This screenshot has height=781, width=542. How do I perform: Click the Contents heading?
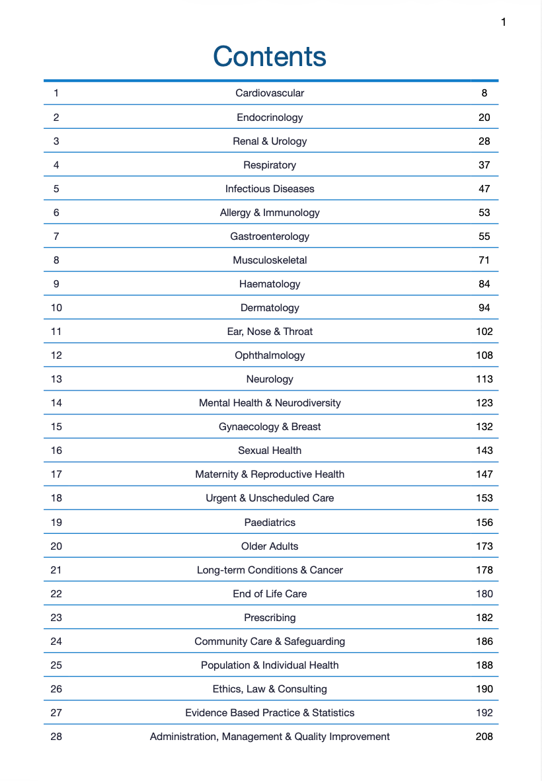270,57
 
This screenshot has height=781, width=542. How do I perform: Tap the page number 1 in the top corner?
503,22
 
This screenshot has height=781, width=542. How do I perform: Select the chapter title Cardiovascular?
270,93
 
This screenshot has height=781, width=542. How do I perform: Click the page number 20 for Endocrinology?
484,118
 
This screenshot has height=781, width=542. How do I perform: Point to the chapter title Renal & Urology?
270,141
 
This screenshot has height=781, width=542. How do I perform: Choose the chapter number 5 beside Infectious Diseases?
56,189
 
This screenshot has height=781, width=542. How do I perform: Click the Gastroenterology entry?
270,237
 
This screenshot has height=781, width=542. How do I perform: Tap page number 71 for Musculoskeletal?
484,260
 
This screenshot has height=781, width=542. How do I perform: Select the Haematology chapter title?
270,284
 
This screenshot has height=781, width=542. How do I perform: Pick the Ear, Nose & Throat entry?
270,332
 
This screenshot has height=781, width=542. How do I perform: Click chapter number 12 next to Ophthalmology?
56,355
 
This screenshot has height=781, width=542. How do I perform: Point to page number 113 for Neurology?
484,379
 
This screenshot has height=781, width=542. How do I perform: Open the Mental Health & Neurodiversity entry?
270,403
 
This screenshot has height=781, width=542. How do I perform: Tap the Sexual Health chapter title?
270,451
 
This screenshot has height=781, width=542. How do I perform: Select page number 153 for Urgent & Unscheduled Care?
484,498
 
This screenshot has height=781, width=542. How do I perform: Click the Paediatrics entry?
270,523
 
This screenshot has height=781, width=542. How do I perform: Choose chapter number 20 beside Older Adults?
56,546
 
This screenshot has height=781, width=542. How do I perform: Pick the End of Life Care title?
270,594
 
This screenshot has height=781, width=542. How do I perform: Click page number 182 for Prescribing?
484,618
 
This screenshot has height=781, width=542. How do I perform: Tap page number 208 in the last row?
484,737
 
